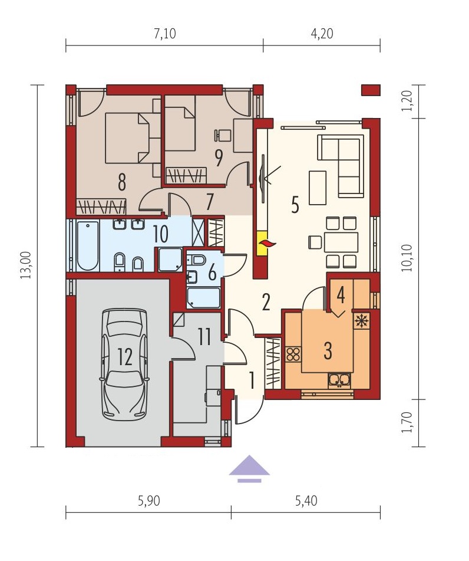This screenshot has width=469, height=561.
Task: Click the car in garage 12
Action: (x=125, y=364)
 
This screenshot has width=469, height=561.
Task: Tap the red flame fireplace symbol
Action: (x=267, y=244)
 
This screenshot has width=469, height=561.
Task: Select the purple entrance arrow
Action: (x=249, y=469)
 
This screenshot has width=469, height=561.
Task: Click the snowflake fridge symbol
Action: (x=361, y=320)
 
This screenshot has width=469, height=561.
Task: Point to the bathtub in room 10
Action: (x=88, y=246)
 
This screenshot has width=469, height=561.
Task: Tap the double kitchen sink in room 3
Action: (x=339, y=380)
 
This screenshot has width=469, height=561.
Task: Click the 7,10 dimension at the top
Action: (x=165, y=34)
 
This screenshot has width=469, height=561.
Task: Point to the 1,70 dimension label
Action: (x=407, y=422)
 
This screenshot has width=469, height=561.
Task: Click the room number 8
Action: (x=122, y=183)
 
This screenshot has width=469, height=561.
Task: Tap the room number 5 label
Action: (x=295, y=205)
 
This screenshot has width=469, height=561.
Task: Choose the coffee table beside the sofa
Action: (x=318, y=188)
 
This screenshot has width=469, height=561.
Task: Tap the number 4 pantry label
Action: (x=341, y=295)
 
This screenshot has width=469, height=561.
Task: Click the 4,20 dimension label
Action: (x=322, y=34)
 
